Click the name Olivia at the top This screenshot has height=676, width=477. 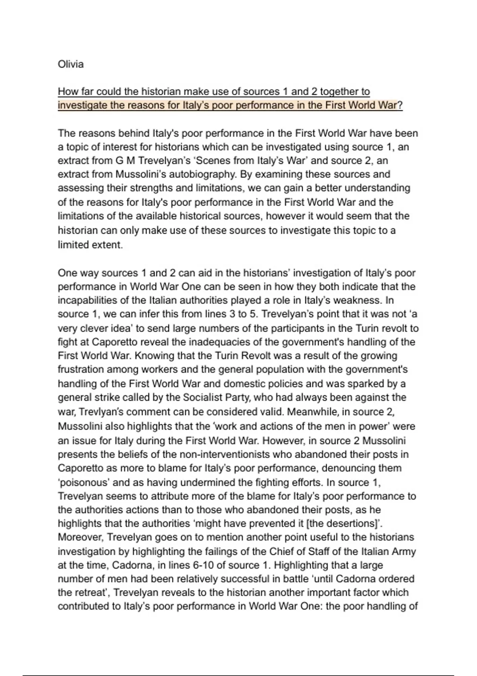click(71, 64)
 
